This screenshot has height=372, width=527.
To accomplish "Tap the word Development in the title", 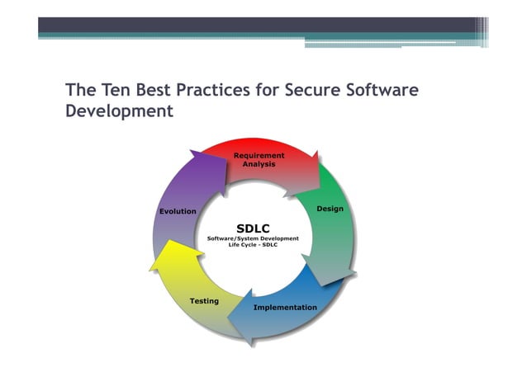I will point(119,111).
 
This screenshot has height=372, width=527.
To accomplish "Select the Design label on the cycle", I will point(330,209).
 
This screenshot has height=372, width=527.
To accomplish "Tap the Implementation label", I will point(285,308).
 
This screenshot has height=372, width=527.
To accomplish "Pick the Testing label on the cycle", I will point(204,301).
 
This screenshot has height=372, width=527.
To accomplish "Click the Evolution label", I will point(178,211).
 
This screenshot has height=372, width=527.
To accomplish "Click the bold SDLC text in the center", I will point(253,228).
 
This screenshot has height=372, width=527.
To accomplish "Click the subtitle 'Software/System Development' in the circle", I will point(253,238).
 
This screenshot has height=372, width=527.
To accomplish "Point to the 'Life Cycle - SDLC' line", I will point(253,245).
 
